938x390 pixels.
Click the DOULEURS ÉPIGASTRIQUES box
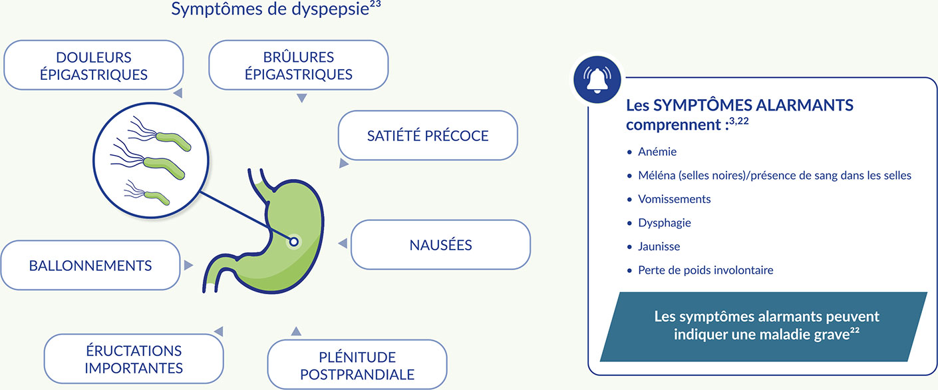(93, 65)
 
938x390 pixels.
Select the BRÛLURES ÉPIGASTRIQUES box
(298, 65)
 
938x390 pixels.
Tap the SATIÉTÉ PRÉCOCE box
(428, 136)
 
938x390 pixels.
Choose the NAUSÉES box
(440, 245)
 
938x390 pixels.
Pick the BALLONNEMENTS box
(90, 266)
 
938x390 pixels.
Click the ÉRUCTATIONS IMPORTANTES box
(134, 359)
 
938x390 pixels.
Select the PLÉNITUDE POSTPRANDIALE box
(357, 365)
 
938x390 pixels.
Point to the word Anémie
(657, 152)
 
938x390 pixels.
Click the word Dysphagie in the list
(664, 223)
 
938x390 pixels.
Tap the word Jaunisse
(659, 246)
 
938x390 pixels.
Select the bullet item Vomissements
(674, 199)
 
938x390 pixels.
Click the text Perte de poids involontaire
(705, 270)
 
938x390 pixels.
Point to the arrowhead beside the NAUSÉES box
(343, 244)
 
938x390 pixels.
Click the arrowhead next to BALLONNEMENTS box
(188, 265)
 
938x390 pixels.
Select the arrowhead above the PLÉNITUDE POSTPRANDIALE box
(296, 331)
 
